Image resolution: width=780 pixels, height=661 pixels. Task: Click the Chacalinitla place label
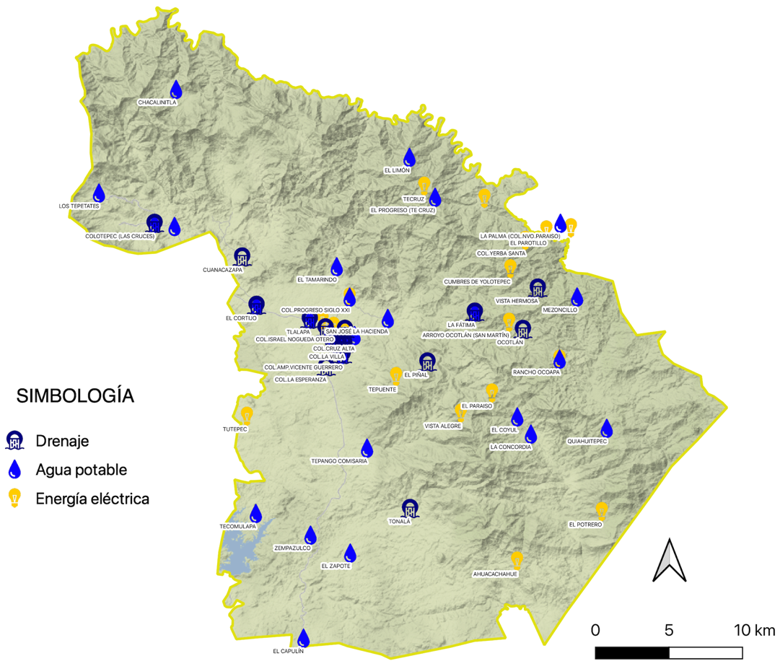pyautogui.click(x=157, y=102)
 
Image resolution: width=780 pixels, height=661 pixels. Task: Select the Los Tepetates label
pyautogui.click(x=79, y=206)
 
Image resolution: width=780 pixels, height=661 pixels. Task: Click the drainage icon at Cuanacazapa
pyautogui.click(x=242, y=258)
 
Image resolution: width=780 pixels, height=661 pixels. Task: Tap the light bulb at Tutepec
pyautogui.click(x=247, y=416)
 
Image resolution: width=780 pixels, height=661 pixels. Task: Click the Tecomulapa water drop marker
pyautogui.click(x=255, y=514)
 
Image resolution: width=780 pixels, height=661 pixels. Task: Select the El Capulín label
pyautogui.click(x=288, y=651)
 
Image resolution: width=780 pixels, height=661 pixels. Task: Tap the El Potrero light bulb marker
pyautogui.click(x=602, y=510)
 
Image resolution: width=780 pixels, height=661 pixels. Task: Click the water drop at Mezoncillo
pyautogui.click(x=577, y=297)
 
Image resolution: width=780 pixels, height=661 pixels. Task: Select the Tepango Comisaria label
pyautogui.click(x=339, y=460)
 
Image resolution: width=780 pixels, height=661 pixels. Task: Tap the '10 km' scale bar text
pyautogui.click(x=753, y=629)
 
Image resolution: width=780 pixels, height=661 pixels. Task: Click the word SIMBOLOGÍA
pyautogui.click(x=75, y=396)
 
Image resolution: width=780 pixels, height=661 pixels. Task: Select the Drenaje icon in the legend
pyautogui.click(x=14, y=440)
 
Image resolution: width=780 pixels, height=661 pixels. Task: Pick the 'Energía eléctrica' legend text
pyautogui.click(x=92, y=499)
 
